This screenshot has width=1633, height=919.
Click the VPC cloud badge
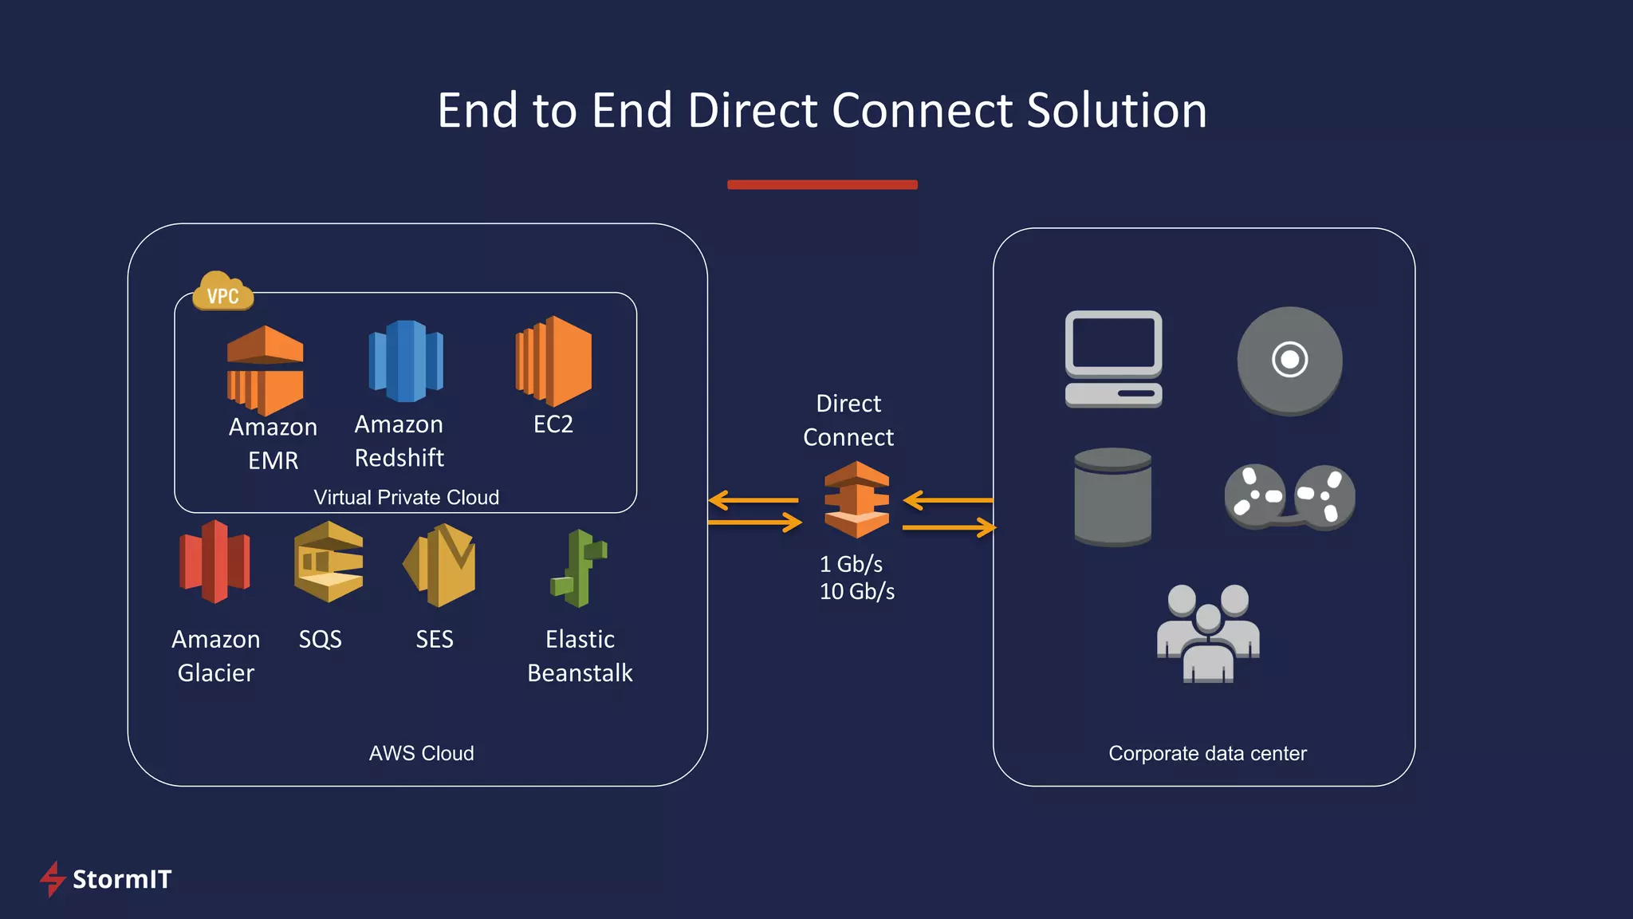point(223,293)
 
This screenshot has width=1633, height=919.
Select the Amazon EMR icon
point(265,369)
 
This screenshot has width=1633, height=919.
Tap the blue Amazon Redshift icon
point(406,361)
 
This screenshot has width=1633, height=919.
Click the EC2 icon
point(553,361)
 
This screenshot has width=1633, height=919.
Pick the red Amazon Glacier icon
point(214,562)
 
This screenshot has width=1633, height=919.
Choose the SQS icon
point(329,562)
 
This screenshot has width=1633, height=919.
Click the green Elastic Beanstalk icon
point(579,569)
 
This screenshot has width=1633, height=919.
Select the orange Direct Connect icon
point(856,500)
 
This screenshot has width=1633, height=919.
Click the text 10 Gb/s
point(857,592)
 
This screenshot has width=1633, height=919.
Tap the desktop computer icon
point(1113,359)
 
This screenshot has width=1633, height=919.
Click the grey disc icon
point(1289,361)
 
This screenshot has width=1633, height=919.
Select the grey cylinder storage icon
point(1112,496)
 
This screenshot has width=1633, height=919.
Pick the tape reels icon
point(1289,497)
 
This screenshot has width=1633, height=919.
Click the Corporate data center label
point(1207,754)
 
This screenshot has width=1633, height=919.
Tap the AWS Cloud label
point(421,754)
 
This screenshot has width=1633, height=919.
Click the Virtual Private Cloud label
point(406,498)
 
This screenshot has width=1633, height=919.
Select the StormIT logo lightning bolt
point(53,879)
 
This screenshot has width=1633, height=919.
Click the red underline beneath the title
point(822,185)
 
